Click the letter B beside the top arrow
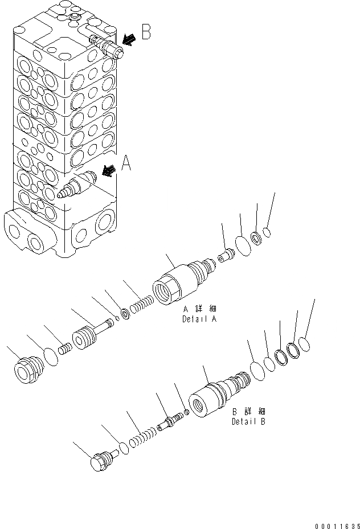coord(146,32)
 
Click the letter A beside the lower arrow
coord(126,165)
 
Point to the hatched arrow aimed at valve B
coord(129,39)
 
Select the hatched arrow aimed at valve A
coord(110,170)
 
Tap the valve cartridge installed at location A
coord(77,185)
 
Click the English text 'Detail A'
coord(199,319)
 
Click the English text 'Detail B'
coord(248,422)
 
